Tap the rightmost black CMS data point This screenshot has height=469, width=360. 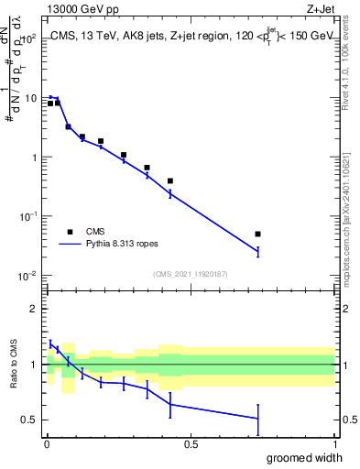[x=258, y=234]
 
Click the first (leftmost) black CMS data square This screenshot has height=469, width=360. [x=50, y=104]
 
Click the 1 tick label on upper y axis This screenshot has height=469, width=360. [x=36, y=158]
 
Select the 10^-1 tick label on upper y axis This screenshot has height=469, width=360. [x=30, y=216]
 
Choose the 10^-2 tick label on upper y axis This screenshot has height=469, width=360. [x=30, y=276]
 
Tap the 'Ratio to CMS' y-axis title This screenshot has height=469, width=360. [x=13, y=365]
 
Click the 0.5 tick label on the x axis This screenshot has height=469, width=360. [x=191, y=444]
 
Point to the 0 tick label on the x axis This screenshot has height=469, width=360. [x=46, y=444]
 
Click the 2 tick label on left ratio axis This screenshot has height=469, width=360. [x=36, y=309]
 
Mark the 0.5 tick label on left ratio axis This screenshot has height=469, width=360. [x=31, y=420]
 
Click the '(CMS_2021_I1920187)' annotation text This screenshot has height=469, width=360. [x=191, y=273]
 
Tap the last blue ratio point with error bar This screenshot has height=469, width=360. [x=258, y=419]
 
